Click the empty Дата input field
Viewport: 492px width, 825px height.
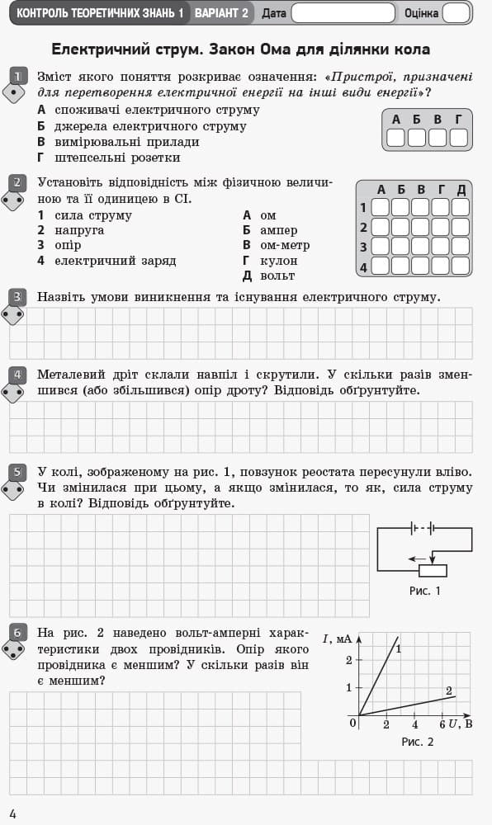[x=342, y=13]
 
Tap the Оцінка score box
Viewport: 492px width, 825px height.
[x=455, y=13]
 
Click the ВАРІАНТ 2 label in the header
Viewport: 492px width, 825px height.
[x=221, y=13]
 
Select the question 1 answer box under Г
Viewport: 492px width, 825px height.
[x=459, y=137]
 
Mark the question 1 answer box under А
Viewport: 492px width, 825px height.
[x=395, y=137]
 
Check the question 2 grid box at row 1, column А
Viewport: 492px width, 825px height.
[x=381, y=207]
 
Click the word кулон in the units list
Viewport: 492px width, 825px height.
[x=278, y=261]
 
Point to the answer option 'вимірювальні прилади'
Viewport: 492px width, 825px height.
[x=117, y=142]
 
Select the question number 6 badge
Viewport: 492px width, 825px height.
[x=17, y=634]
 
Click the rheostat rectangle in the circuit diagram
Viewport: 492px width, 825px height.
[x=433, y=570]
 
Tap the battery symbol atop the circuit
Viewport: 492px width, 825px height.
[x=422, y=528]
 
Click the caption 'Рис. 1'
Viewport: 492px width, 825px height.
[x=425, y=591]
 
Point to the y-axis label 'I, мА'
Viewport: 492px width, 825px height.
[x=336, y=639]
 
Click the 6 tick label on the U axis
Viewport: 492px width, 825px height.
[x=442, y=724]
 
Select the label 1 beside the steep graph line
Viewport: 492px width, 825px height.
[x=398, y=649]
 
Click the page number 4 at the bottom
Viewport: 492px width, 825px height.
[x=12, y=814]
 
